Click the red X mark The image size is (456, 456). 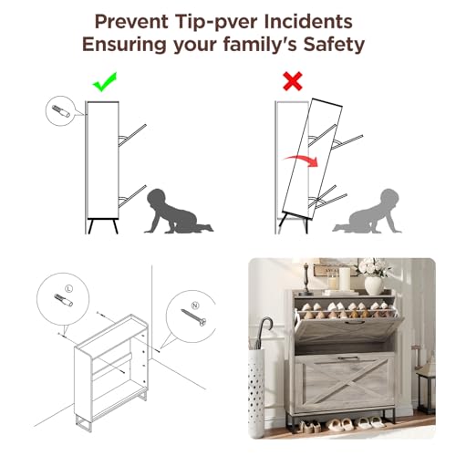coord(293,81)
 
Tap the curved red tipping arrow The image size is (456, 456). coord(301,160)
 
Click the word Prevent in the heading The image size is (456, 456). coord(131,22)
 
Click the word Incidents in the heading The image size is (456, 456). coord(308,22)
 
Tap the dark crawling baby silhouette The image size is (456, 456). coord(176,212)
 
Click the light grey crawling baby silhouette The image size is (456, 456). coord(369,212)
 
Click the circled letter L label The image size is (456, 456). coord(69,288)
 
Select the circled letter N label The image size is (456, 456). coord(195,306)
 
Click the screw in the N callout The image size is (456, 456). coord(193,317)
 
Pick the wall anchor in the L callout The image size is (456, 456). coord(63,300)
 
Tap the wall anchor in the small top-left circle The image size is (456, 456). coord(61,111)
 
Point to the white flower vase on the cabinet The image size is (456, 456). coord(373,285)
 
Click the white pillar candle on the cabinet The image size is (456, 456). coord(345,279)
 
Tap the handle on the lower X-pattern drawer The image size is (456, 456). coord(347,358)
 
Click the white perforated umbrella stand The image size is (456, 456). coord(256,394)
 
